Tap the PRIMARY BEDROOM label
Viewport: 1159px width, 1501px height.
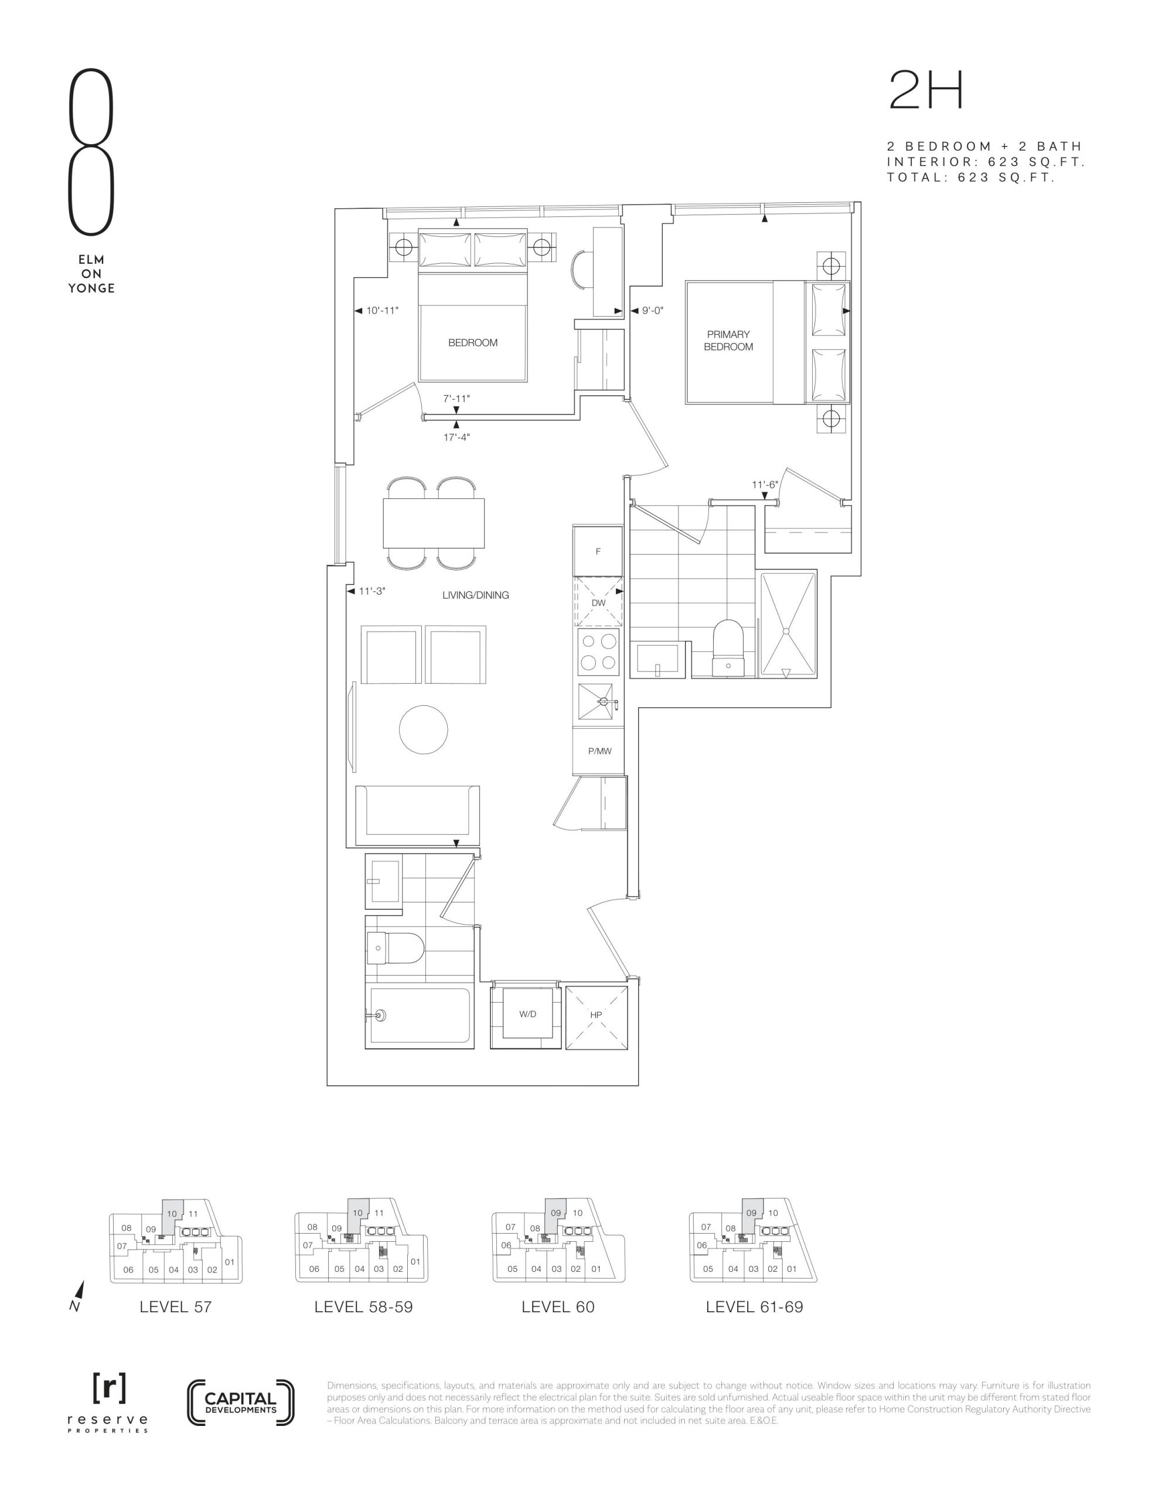pyautogui.click(x=728, y=340)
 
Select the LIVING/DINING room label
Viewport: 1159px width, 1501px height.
pyautogui.click(x=475, y=595)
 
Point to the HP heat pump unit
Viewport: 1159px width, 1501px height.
pyautogui.click(x=596, y=1018)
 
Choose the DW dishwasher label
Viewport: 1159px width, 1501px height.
pyautogui.click(x=598, y=603)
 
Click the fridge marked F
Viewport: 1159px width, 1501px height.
pyautogui.click(x=598, y=551)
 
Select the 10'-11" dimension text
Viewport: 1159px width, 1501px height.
pyautogui.click(x=382, y=311)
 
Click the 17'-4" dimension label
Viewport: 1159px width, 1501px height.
pyautogui.click(x=456, y=437)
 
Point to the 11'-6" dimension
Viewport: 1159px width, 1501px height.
pyautogui.click(x=764, y=484)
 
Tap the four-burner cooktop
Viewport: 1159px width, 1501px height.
pyautogui.click(x=598, y=651)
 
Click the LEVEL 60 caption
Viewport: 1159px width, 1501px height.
pyautogui.click(x=558, y=1306)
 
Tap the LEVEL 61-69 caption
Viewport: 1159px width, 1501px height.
pyautogui.click(x=754, y=1306)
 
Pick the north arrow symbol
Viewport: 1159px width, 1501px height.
pyautogui.click(x=77, y=1297)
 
